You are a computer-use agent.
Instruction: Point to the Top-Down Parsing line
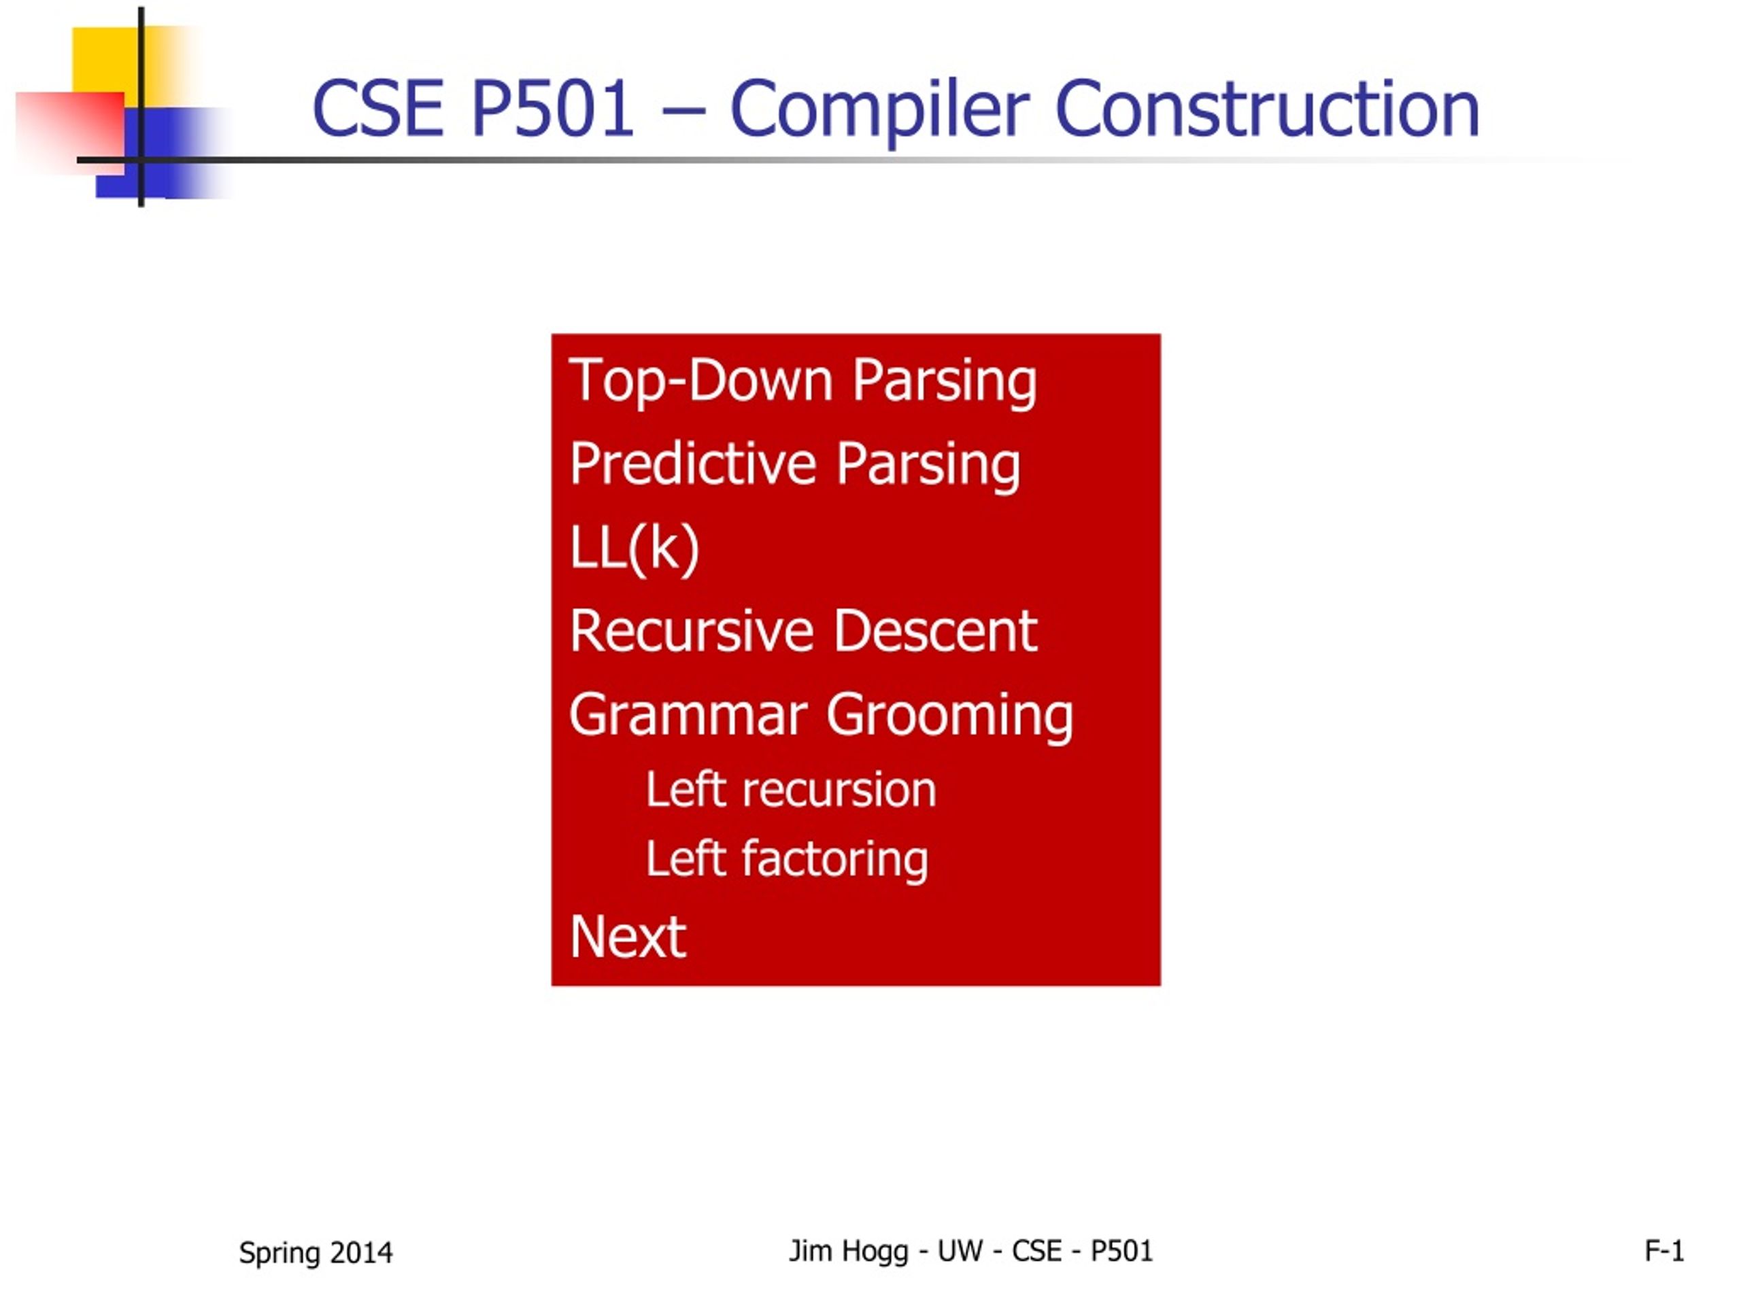click(802, 381)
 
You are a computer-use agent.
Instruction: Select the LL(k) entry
click(635, 549)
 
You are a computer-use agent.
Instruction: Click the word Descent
click(936, 631)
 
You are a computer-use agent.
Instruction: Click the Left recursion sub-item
click(791, 789)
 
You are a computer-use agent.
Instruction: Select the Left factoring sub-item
click(787, 859)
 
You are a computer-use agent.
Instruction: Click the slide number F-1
click(1665, 1251)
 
